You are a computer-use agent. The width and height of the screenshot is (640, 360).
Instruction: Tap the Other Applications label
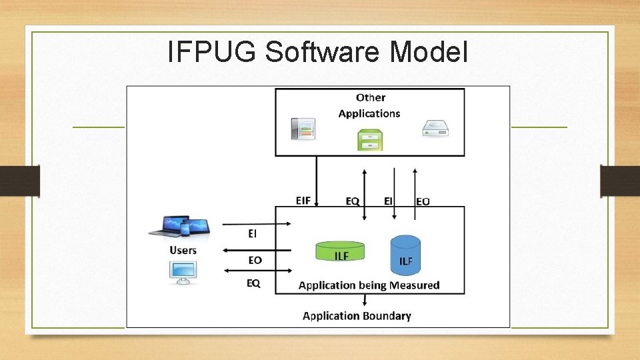pos(369,105)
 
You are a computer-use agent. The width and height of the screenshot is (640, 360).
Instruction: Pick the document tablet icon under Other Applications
pos(303,129)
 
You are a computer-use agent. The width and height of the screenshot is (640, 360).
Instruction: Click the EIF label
pos(303,200)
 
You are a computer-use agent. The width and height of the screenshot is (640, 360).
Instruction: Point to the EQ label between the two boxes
pos(353,200)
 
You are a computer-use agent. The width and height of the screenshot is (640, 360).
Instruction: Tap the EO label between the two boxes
pos(423,201)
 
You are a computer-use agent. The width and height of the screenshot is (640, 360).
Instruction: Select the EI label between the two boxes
pos(388,200)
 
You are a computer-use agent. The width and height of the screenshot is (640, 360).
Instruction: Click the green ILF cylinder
pos(340,251)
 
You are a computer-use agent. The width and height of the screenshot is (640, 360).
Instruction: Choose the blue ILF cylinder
pos(405,255)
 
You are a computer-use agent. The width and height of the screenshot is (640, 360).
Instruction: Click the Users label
pos(183,250)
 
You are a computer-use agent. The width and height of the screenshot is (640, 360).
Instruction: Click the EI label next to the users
pos(253,233)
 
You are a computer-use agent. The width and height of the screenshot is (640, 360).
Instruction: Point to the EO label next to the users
pos(255,260)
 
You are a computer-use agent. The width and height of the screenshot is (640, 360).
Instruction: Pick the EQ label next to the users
pos(253,283)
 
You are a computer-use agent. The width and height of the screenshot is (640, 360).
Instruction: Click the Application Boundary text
pos(357,315)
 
